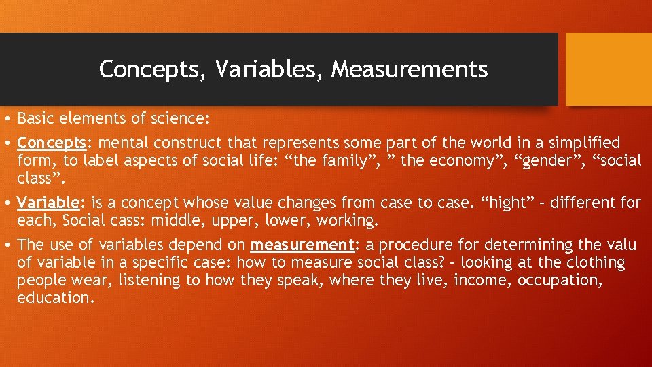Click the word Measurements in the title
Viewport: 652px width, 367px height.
click(410, 69)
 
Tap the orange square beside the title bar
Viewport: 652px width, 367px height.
click(609, 69)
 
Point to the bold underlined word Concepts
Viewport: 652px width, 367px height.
click(52, 143)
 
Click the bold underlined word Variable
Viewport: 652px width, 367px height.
click(49, 203)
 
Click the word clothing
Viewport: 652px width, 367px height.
click(590, 262)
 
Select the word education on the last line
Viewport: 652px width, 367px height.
click(54, 298)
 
